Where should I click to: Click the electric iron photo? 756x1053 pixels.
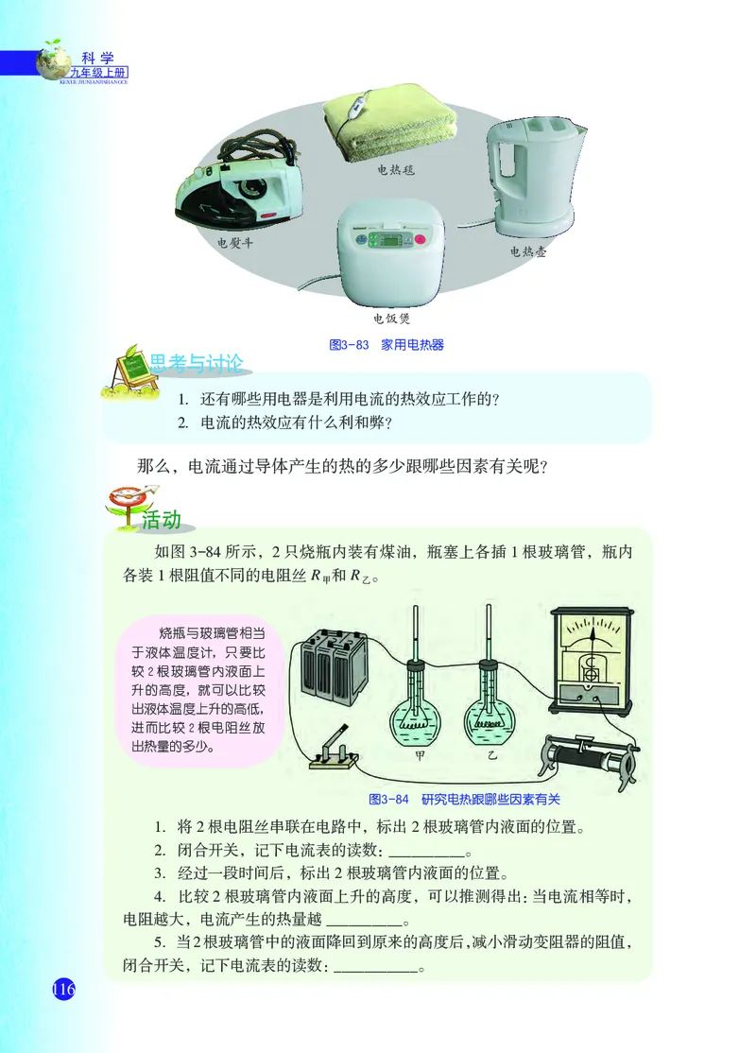click(236, 188)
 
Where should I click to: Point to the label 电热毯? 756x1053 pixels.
click(396, 170)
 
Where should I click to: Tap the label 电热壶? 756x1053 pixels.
click(528, 252)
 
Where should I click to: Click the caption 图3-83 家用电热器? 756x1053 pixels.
click(386, 345)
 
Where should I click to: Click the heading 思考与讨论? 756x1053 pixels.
click(197, 363)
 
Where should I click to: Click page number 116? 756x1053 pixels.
click(62, 990)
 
